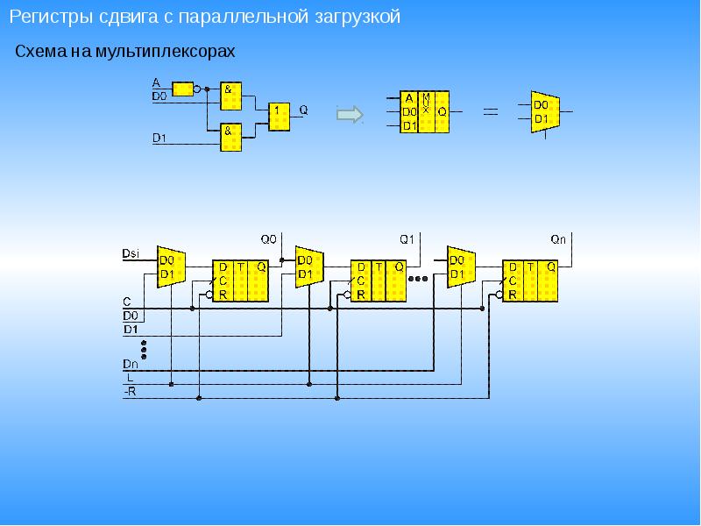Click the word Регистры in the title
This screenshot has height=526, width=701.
coord(51,17)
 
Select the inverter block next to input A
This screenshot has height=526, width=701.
coord(183,89)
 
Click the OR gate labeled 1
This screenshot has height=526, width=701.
coord(279,117)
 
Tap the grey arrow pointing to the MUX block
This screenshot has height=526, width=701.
coord(350,114)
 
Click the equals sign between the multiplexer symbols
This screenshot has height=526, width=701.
coord(491,110)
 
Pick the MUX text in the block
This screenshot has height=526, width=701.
coord(426,103)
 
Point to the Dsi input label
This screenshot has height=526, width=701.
coord(131,253)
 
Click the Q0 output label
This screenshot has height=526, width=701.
coord(269,239)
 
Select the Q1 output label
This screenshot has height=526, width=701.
coord(407,239)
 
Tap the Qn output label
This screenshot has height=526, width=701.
coord(558,239)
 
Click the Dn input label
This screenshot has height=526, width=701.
coord(130,364)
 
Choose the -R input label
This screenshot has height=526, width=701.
coord(130,392)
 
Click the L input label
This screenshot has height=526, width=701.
coord(130,378)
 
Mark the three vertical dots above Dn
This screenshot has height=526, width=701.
coord(144,350)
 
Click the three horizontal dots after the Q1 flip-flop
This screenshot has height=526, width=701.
coord(418,279)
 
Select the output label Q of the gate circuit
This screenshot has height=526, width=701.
coord(303,110)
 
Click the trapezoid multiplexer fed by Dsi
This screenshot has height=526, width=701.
coord(171,267)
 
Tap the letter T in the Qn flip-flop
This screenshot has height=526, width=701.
coord(530,267)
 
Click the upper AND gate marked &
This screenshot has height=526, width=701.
coord(230,96)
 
